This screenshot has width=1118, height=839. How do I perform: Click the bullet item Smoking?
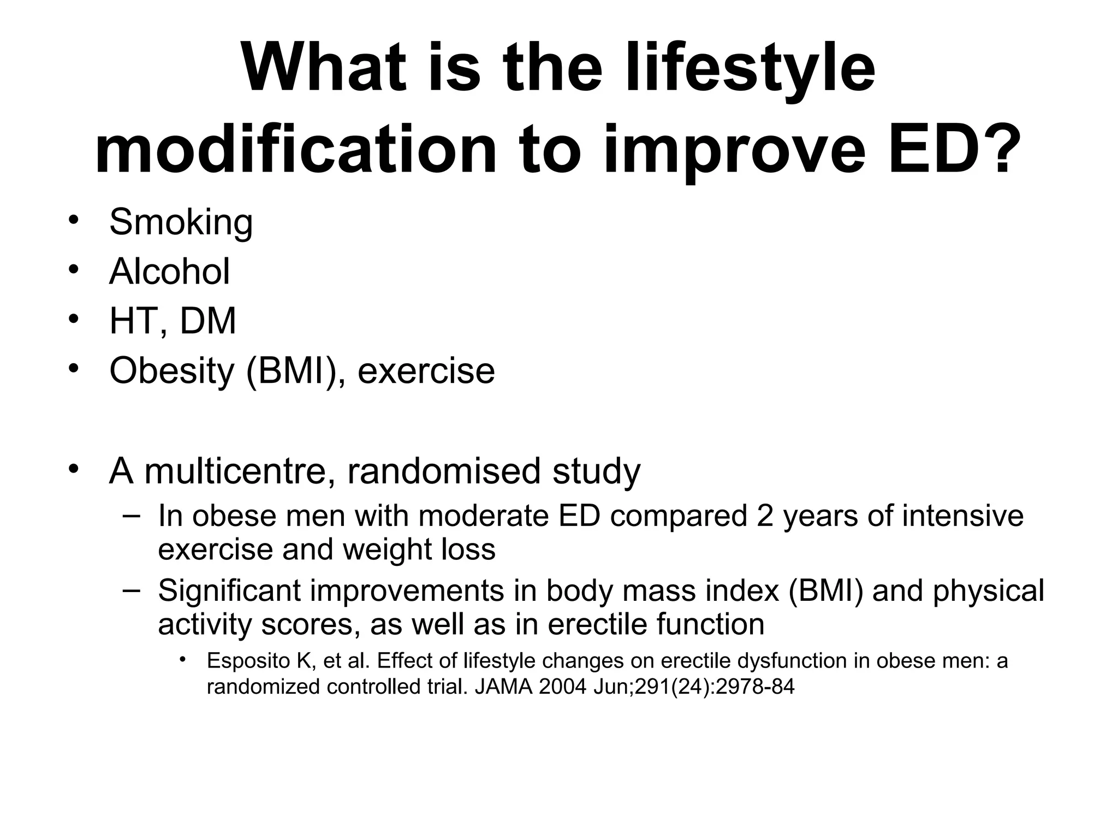click(181, 222)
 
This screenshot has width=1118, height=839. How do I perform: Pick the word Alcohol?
click(169, 271)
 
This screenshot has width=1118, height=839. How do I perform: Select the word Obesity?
click(171, 371)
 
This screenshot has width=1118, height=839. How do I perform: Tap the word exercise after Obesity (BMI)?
click(426, 371)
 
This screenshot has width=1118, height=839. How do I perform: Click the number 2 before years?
click(765, 516)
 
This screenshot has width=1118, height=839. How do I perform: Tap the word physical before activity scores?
click(988, 591)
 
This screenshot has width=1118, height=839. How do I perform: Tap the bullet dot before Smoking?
click(74, 220)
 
